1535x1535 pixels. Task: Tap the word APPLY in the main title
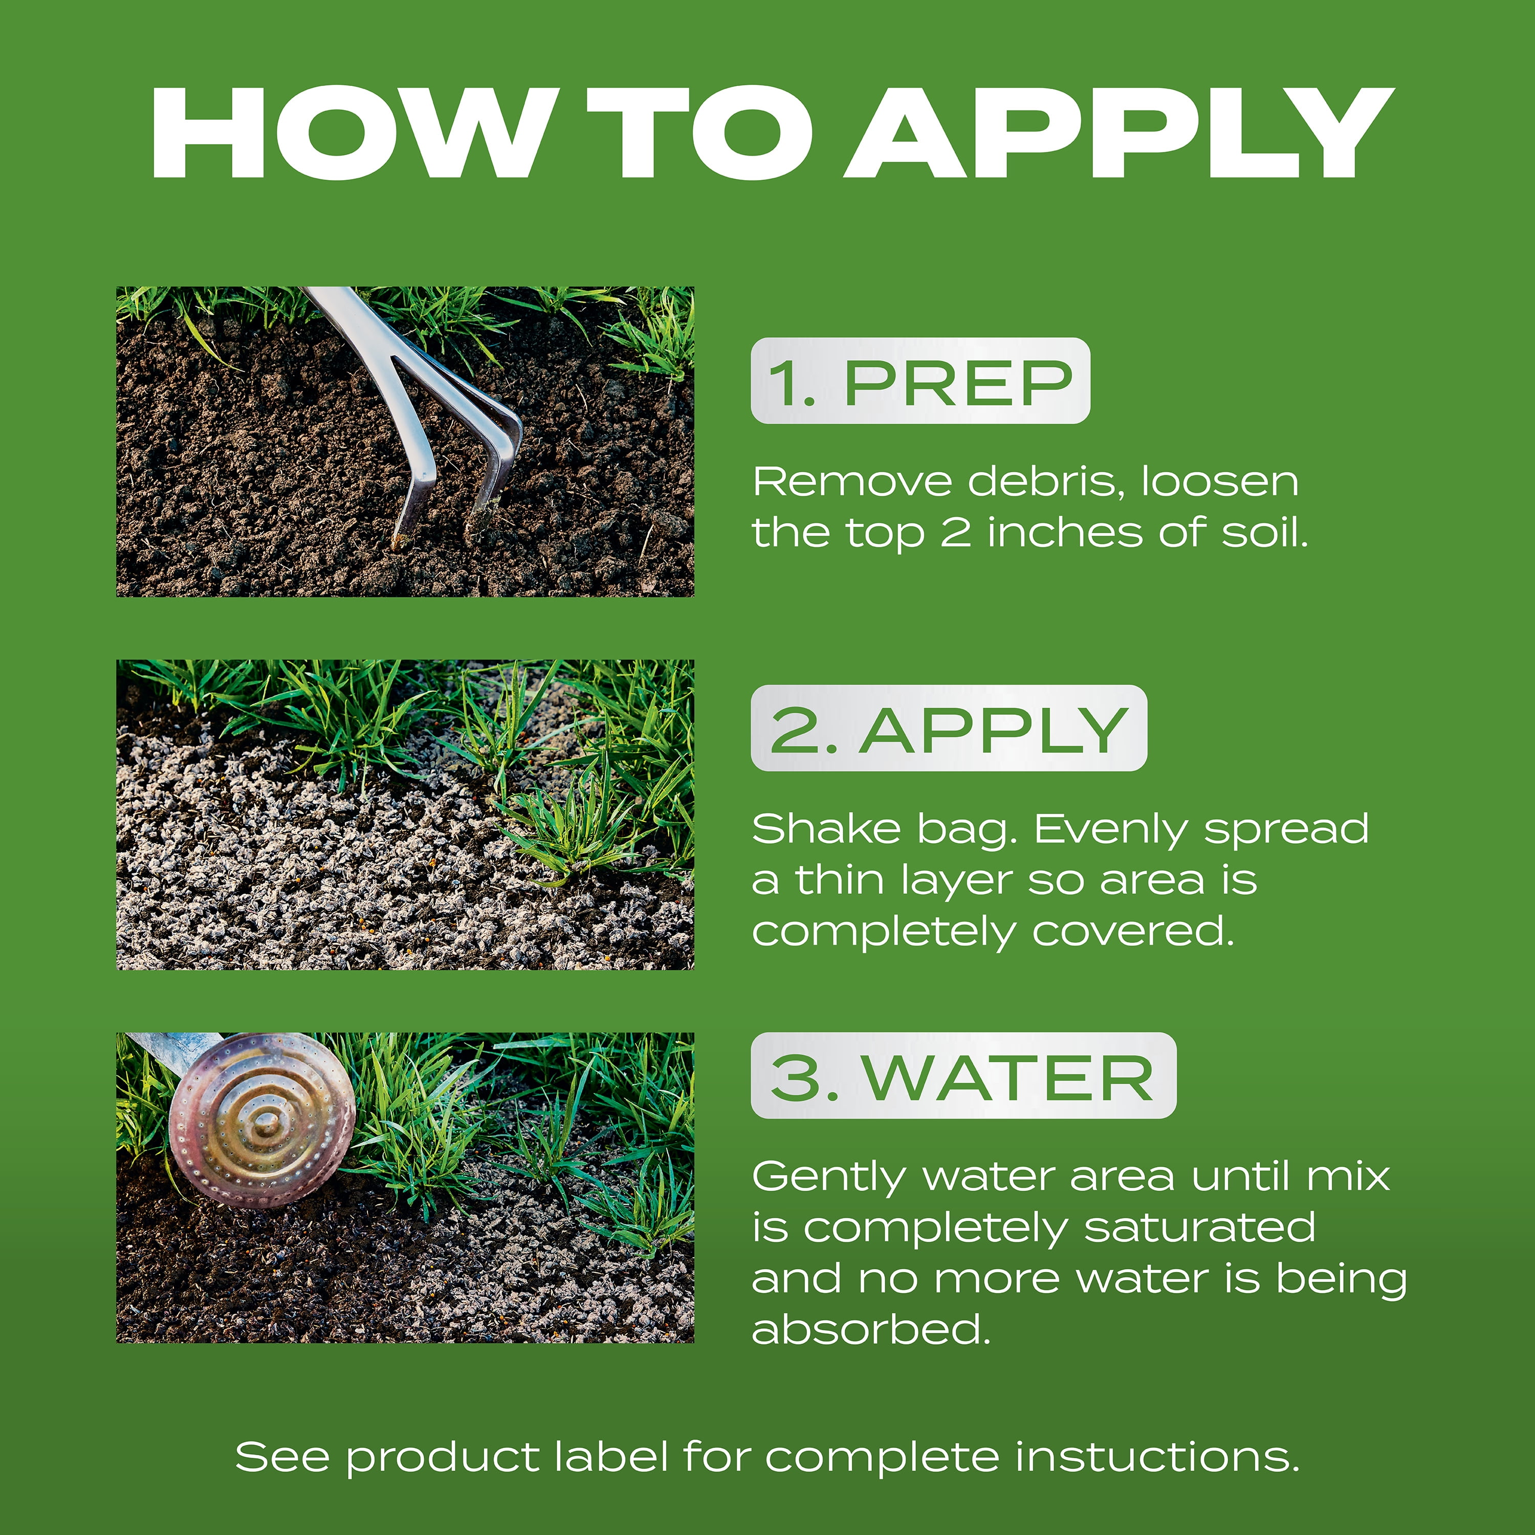(x=1120, y=132)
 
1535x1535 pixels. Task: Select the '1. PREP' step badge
(x=920, y=381)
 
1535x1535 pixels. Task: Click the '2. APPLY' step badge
(x=949, y=728)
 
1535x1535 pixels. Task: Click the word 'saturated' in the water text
(x=1200, y=1229)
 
